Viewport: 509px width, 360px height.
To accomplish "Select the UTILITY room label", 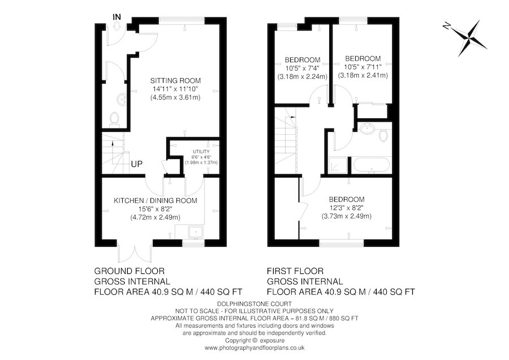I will pyautogui.click(x=201, y=152).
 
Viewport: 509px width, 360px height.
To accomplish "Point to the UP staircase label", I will pyautogui.click(x=137, y=164).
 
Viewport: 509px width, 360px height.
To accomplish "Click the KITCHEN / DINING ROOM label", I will pyautogui.click(x=156, y=200).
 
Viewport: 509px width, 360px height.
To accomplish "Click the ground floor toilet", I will pyautogui.click(x=115, y=118).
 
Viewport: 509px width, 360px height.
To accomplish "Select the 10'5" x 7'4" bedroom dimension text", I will pyautogui.click(x=303, y=68).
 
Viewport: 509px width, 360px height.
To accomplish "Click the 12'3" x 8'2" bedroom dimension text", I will pyautogui.click(x=347, y=208).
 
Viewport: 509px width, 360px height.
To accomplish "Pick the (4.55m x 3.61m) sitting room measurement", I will pyautogui.click(x=175, y=97).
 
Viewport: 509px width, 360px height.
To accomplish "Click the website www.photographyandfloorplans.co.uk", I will pyautogui.click(x=255, y=348).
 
